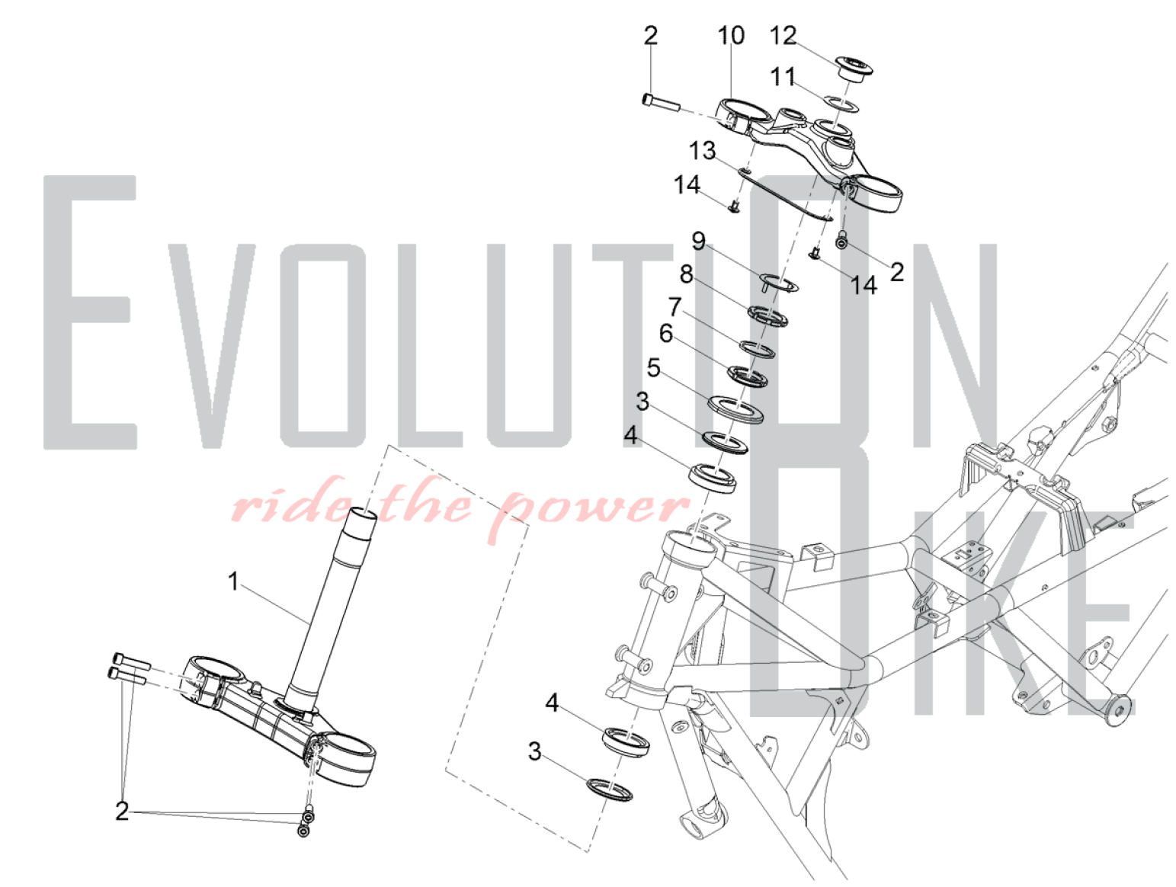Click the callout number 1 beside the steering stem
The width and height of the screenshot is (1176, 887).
point(232,581)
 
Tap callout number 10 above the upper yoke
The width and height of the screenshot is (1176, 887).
point(731,35)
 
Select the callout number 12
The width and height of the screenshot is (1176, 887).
point(783,35)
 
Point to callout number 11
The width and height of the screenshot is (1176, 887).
point(783,77)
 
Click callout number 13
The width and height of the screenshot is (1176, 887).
point(702,151)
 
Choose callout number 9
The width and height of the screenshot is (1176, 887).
point(699,241)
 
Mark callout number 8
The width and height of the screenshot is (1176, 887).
point(686,274)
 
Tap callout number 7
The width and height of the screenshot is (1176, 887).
point(675,307)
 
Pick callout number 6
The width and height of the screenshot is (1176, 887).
point(666,334)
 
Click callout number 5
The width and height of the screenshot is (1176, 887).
point(653,368)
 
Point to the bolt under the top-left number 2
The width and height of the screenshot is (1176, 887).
point(661,102)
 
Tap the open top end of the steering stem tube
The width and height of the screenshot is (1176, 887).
point(364,514)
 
